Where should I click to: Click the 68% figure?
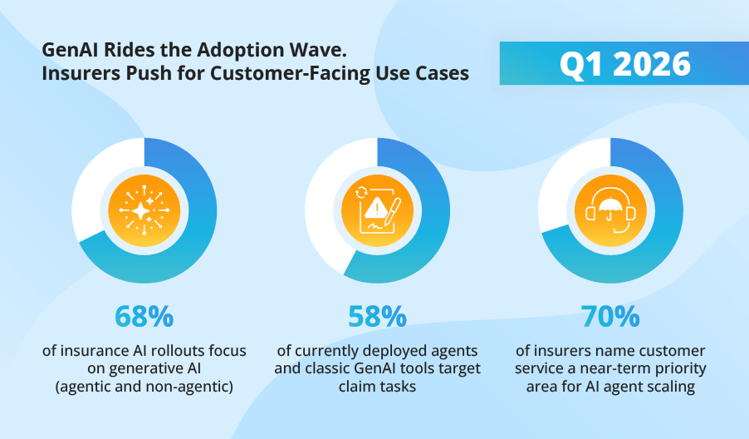pyautogui.click(x=144, y=317)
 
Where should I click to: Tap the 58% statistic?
pyautogui.click(x=377, y=317)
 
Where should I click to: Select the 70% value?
pyautogui.click(x=610, y=317)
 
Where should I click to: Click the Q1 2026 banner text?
pyautogui.click(x=624, y=64)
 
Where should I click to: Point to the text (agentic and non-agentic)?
pyautogui.click(x=144, y=386)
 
